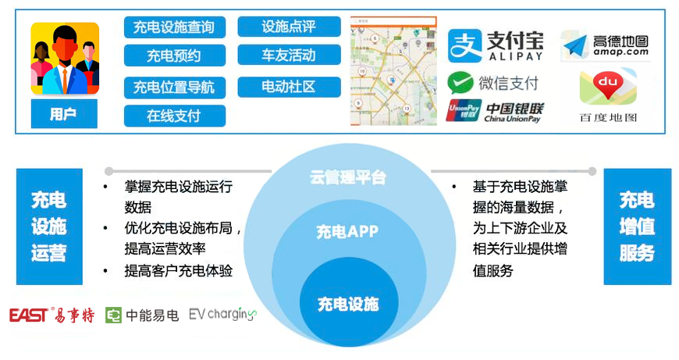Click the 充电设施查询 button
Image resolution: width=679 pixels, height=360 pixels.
click(x=175, y=27)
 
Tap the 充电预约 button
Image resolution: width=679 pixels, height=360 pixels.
click(x=175, y=55)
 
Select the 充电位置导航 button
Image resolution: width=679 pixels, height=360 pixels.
click(x=175, y=87)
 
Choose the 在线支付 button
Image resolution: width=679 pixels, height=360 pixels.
click(x=175, y=116)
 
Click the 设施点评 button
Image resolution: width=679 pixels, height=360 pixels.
click(x=289, y=27)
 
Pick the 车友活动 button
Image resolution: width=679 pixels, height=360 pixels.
click(x=289, y=55)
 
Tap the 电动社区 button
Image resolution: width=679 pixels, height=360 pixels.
click(x=289, y=87)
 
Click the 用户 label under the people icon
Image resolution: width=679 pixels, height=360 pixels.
click(x=64, y=114)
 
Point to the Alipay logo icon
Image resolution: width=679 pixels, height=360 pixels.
click(x=464, y=45)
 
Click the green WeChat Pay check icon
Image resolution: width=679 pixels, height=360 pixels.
click(x=460, y=83)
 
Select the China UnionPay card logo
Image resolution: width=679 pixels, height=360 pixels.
click(x=464, y=110)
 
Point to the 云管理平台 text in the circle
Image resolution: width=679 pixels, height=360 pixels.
click(x=348, y=177)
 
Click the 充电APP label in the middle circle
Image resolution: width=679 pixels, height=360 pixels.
click(x=347, y=232)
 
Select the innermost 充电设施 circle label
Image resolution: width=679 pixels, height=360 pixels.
click(x=348, y=305)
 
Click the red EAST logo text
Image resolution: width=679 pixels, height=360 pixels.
click(x=28, y=315)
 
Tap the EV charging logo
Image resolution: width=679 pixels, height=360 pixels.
click(x=223, y=314)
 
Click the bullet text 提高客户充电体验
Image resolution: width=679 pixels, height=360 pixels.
click(x=179, y=271)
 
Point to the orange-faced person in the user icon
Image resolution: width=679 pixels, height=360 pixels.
click(x=65, y=60)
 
